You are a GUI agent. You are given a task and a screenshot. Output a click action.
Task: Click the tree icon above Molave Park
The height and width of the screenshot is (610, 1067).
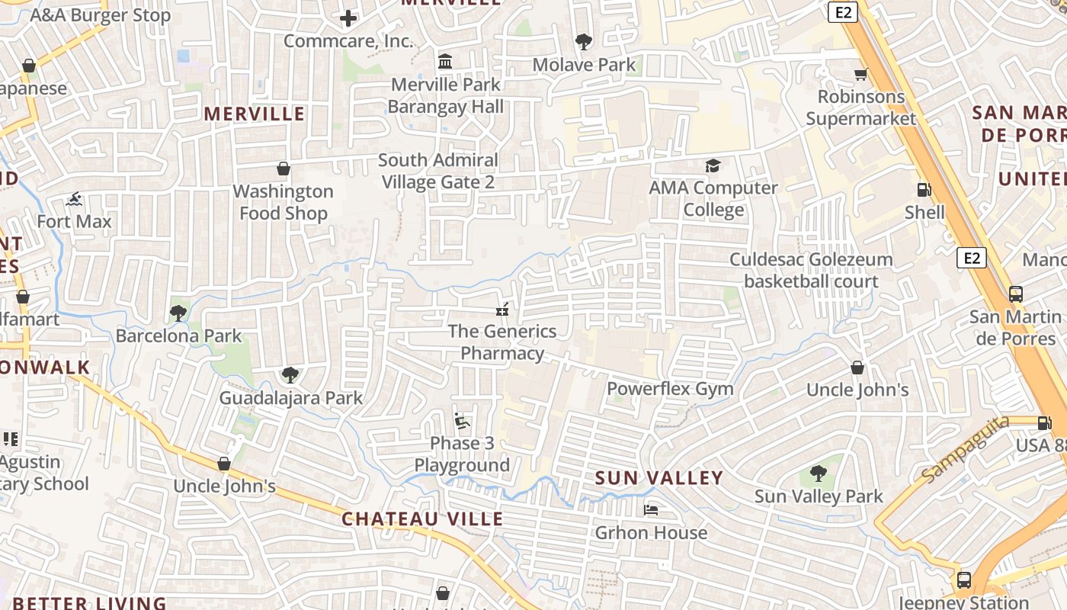click(584, 42)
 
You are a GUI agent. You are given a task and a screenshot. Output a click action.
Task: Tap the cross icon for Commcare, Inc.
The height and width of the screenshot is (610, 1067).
click(348, 18)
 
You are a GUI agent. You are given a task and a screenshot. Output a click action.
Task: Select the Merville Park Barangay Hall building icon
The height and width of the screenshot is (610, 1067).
click(445, 61)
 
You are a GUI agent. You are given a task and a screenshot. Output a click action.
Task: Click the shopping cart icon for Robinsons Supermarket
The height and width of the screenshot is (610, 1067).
click(860, 74)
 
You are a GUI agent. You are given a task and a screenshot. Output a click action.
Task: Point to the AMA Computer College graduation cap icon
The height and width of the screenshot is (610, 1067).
click(713, 165)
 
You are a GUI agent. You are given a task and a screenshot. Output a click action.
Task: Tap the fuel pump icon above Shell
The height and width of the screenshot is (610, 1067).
click(924, 190)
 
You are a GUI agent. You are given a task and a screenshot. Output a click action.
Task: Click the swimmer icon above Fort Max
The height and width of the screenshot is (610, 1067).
click(74, 200)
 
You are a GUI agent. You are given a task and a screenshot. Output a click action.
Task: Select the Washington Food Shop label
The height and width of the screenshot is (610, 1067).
click(284, 202)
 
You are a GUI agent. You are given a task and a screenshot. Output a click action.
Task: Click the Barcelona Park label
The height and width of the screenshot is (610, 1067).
click(178, 335)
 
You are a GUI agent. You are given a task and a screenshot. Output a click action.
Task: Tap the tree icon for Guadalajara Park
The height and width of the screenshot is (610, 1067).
click(290, 374)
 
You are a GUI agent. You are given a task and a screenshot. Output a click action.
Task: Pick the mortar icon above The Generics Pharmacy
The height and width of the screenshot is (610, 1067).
click(501, 309)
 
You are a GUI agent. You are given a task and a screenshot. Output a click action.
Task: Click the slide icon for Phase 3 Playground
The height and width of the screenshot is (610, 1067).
click(462, 420)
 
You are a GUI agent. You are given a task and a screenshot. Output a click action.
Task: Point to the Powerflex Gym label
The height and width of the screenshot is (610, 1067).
click(670, 389)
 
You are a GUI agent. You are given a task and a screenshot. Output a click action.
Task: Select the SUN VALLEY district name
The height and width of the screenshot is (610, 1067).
click(658, 478)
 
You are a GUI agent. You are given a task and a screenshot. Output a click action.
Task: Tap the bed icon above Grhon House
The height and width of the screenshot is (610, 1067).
click(651, 509)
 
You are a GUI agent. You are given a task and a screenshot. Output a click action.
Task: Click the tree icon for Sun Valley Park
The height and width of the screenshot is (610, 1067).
click(818, 474)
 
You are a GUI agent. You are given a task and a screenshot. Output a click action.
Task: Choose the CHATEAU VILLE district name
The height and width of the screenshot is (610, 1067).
click(422, 519)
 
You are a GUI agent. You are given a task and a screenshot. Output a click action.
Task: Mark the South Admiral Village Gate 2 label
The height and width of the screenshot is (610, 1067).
click(438, 171)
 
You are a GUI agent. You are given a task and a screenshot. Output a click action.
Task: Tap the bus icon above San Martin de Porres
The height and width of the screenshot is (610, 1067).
click(1015, 294)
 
